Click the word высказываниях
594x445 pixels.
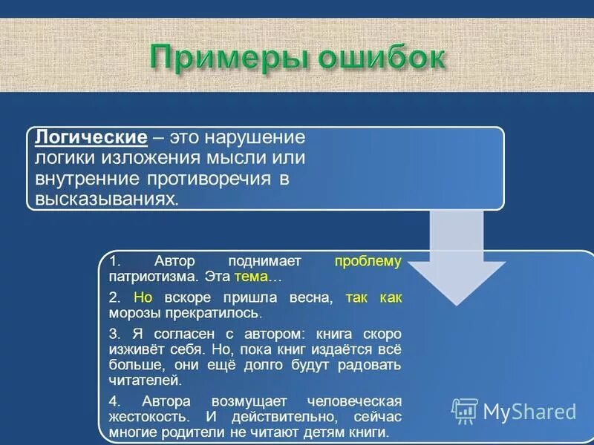click(x=104, y=200)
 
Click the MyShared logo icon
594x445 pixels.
click(x=465, y=411)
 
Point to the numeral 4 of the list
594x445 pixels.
click(x=112, y=400)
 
